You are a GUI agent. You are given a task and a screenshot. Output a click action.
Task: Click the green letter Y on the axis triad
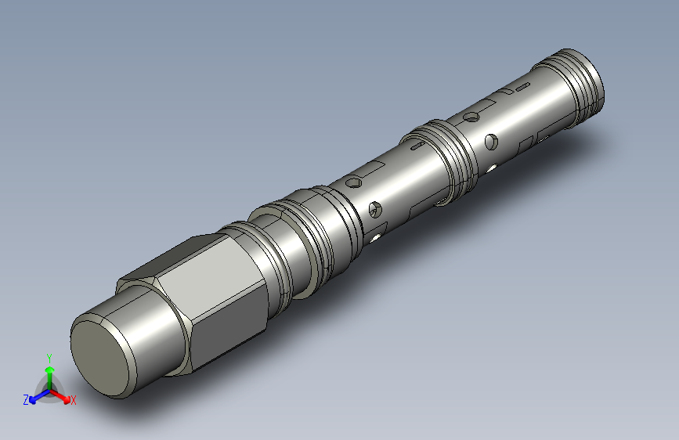(x=49, y=359)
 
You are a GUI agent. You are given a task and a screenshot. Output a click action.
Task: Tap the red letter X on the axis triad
(x=73, y=400)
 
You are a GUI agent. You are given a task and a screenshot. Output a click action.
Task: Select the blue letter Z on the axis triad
(x=26, y=400)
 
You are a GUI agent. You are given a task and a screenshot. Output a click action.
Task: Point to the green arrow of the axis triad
(x=50, y=377)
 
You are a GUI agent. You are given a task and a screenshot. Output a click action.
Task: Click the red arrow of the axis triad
(x=60, y=396)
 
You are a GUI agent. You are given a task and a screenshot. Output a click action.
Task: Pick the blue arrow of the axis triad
(x=40, y=396)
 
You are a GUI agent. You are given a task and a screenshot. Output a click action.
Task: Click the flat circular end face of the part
(x=100, y=359)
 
